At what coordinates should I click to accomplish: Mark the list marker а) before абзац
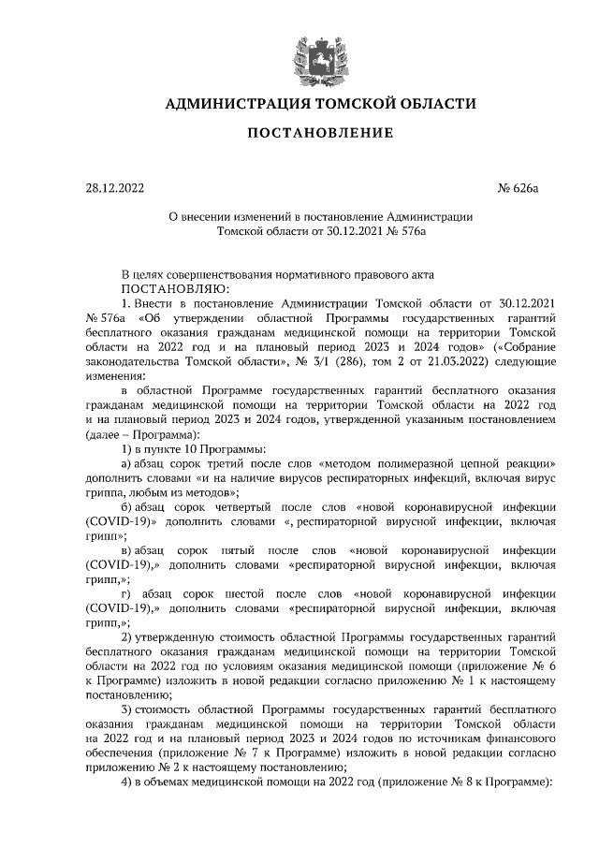click(x=129, y=464)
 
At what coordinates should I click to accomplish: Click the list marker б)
click(x=129, y=506)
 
